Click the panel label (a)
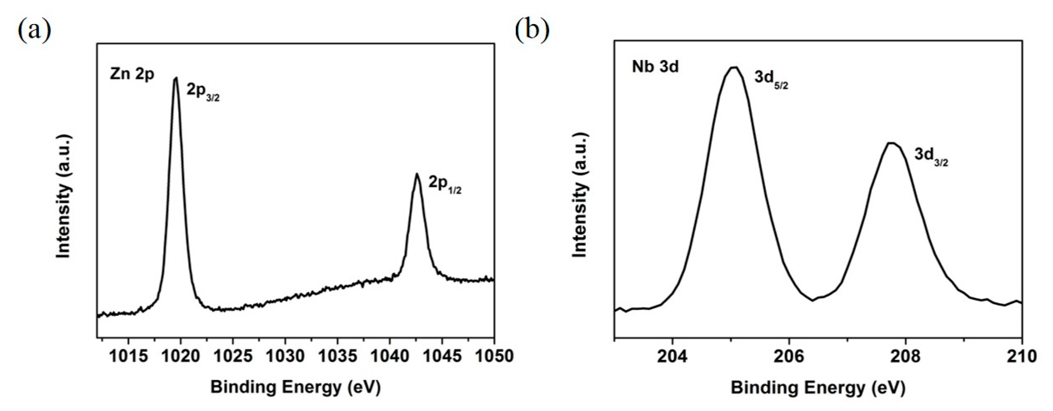click(x=34, y=31)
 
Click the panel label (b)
click(x=532, y=31)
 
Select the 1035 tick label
click(x=337, y=356)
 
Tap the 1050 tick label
click(x=494, y=356)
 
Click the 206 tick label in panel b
click(x=789, y=356)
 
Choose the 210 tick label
click(x=1022, y=356)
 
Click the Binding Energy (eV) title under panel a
click(x=295, y=386)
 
